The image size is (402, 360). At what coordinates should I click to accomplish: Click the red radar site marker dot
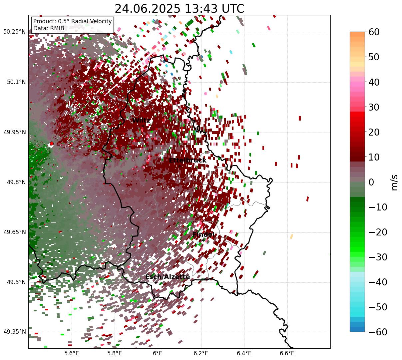pos(51,144)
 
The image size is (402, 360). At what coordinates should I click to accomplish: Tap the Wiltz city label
pos(141,120)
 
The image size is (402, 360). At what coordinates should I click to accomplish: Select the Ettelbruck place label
pos(188,161)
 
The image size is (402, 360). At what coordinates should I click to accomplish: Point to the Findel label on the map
pos(203,235)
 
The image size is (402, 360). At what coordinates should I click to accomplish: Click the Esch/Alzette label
pos(168,277)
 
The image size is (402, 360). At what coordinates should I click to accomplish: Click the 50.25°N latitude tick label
pos(14,32)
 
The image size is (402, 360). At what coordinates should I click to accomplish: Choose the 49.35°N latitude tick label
pos(14,332)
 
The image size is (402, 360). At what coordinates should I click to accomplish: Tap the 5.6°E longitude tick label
pos(71,353)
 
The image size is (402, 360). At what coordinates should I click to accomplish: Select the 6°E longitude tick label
pos(158,353)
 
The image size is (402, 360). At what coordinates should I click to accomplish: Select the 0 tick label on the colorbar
pos(371,182)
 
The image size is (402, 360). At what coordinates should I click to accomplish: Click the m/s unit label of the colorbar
pos(395,182)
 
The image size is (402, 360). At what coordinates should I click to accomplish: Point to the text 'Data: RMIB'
pos(49,28)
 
